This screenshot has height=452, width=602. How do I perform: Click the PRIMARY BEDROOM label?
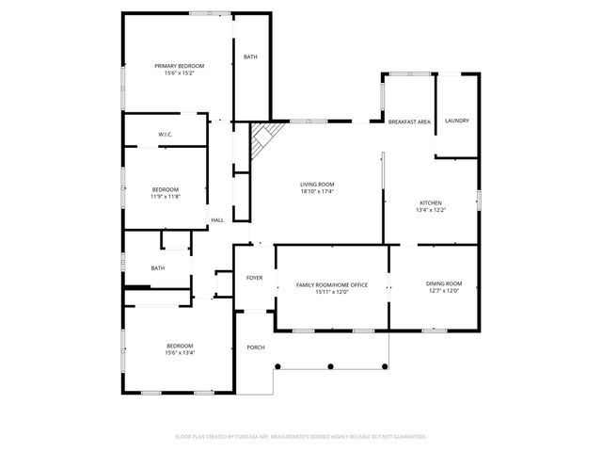point(179,66)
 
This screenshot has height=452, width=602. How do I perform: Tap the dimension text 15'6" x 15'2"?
point(179,73)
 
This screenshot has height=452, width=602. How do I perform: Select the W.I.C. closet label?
point(165,135)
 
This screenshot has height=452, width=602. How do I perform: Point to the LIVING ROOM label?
point(317,184)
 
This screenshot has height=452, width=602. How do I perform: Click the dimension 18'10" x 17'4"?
point(317,191)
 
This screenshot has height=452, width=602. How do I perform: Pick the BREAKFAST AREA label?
point(409,121)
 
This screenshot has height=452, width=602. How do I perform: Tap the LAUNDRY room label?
point(457,121)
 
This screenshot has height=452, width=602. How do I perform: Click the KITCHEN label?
point(431,202)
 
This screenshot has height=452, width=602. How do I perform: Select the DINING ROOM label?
point(444,283)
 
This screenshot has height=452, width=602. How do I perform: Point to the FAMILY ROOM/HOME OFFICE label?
point(331,284)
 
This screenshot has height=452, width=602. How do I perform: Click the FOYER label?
point(254,278)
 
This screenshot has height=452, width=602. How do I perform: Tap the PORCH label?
point(255,347)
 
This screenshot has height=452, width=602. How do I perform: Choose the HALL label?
point(217,220)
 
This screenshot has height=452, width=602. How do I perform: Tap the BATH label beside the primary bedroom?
point(250,57)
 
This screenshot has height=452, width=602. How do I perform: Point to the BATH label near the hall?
point(158,268)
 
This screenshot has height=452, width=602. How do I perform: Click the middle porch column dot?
point(330,365)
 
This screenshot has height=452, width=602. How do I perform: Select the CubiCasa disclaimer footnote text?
point(301,437)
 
